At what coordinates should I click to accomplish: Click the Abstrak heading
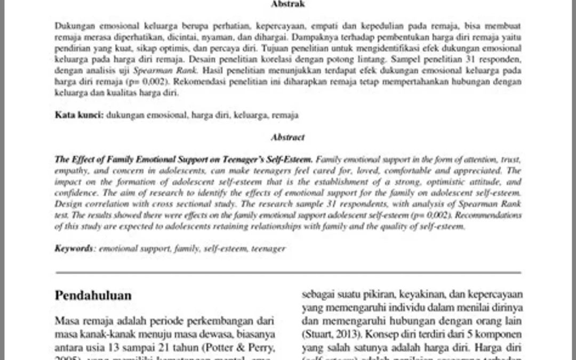[x=288, y=4]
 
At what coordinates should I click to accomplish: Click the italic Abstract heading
[x=288, y=137]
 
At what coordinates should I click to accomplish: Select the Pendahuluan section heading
[x=93, y=295]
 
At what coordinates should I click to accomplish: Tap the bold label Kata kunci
[x=79, y=115]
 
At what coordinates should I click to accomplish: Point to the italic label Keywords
[x=75, y=248]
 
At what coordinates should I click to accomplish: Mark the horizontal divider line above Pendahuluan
[x=288, y=273]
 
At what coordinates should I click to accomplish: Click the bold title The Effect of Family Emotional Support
[x=185, y=159]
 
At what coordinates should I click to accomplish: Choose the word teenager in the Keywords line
[x=268, y=248]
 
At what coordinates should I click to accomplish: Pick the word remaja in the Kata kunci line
[x=285, y=115]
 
